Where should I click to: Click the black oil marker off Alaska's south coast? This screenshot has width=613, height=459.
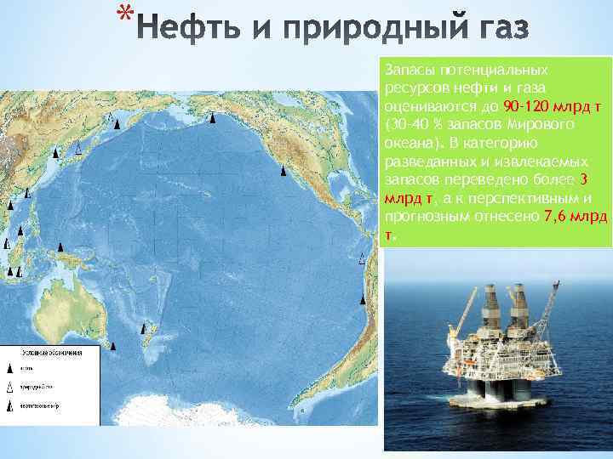coord(212,118)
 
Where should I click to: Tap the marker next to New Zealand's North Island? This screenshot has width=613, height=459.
coord(144,327)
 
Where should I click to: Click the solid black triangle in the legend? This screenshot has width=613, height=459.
coord(11,369)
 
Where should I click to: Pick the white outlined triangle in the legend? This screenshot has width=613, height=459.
coord(11,388)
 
